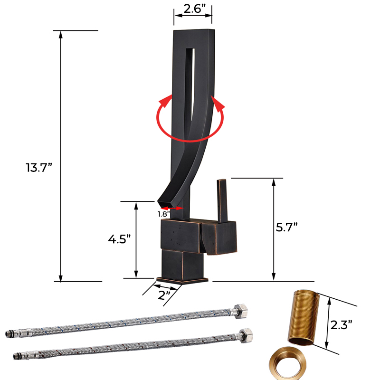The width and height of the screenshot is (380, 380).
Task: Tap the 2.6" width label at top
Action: pyautogui.click(x=192, y=9)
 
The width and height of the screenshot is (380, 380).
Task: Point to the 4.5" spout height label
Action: pyautogui.click(x=119, y=238)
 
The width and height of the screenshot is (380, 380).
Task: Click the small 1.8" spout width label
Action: pyautogui.click(x=164, y=214)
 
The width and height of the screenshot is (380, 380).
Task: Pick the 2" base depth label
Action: pyautogui.click(x=165, y=295)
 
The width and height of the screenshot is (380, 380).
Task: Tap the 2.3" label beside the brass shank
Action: pyautogui.click(x=342, y=326)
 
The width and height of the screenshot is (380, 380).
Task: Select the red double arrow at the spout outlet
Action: pyautogui.click(x=172, y=208)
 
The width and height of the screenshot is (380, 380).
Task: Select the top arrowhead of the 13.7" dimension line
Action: pyautogui.click(x=60, y=35)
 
